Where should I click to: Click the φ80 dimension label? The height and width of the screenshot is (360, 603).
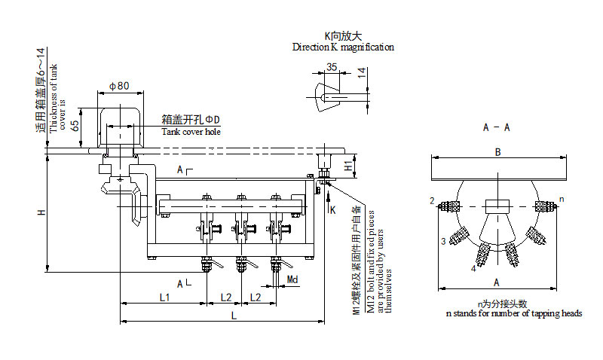click(x=120, y=86)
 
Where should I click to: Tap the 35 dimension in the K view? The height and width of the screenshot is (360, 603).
click(x=332, y=68)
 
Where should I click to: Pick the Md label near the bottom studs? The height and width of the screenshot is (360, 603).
click(x=293, y=280)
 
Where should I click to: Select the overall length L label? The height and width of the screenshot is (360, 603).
click(x=234, y=317)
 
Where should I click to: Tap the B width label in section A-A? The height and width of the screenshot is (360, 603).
click(x=497, y=152)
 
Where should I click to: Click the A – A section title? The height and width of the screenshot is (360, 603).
click(x=496, y=127)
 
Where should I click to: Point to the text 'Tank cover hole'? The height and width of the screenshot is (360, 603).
click(x=191, y=133)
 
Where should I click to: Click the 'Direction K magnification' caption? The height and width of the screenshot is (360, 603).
click(x=343, y=47)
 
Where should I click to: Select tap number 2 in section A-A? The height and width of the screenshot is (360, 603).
click(x=432, y=201)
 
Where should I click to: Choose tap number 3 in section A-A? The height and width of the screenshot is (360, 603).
click(x=444, y=241)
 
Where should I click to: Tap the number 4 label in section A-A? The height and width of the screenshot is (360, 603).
click(x=473, y=268)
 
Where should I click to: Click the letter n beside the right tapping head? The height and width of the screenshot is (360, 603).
click(x=561, y=200)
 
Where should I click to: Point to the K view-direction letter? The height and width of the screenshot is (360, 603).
click(x=332, y=209)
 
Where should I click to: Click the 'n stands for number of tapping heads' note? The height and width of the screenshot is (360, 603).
click(x=513, y=313)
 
